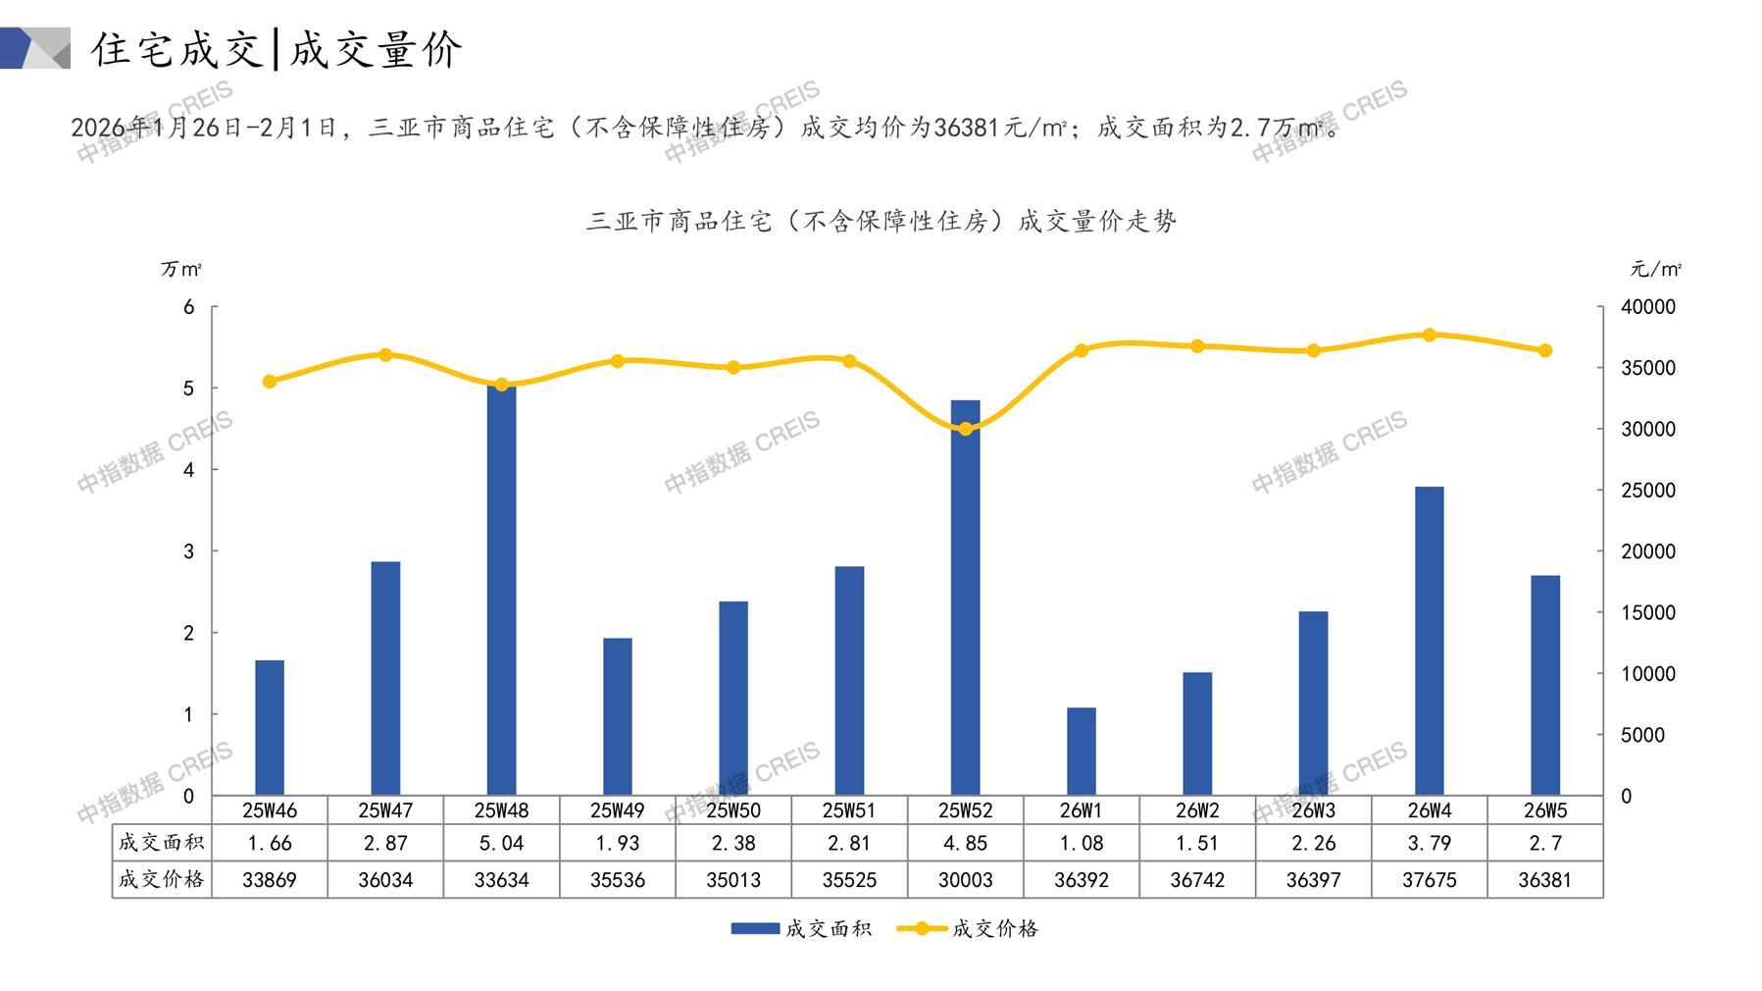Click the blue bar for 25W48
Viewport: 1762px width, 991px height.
coord(501,589)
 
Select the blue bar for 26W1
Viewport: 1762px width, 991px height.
coord(1081,751)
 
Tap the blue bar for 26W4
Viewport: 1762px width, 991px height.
coord(1429,641)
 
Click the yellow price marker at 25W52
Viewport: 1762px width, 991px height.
coord(966,429)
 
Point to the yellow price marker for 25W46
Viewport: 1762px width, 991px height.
coord(270,382)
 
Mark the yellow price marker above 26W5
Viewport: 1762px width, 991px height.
coord(1545,350)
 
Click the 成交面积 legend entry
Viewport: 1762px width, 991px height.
coord(801,928)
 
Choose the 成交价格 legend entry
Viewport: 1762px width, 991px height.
coord(968,928)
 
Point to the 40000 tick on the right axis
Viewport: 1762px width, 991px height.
coord(1648,307)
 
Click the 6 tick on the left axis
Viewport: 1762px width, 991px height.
coord(189,307)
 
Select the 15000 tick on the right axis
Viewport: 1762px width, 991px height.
coord(1648,612)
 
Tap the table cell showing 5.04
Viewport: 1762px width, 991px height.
coord(501,843)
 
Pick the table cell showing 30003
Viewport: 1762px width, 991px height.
coord(966,880)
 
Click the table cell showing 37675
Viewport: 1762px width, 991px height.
coord(1429,880)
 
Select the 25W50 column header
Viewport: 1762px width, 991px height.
coord(733,810)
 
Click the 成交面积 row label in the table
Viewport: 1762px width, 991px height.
coord(162,843)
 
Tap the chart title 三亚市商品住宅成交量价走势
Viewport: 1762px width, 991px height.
coord(881,222)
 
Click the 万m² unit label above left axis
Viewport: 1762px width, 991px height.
coord(181,269)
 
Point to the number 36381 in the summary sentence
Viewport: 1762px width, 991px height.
coord(967,128)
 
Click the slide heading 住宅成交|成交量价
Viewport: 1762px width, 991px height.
coord(277,49)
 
